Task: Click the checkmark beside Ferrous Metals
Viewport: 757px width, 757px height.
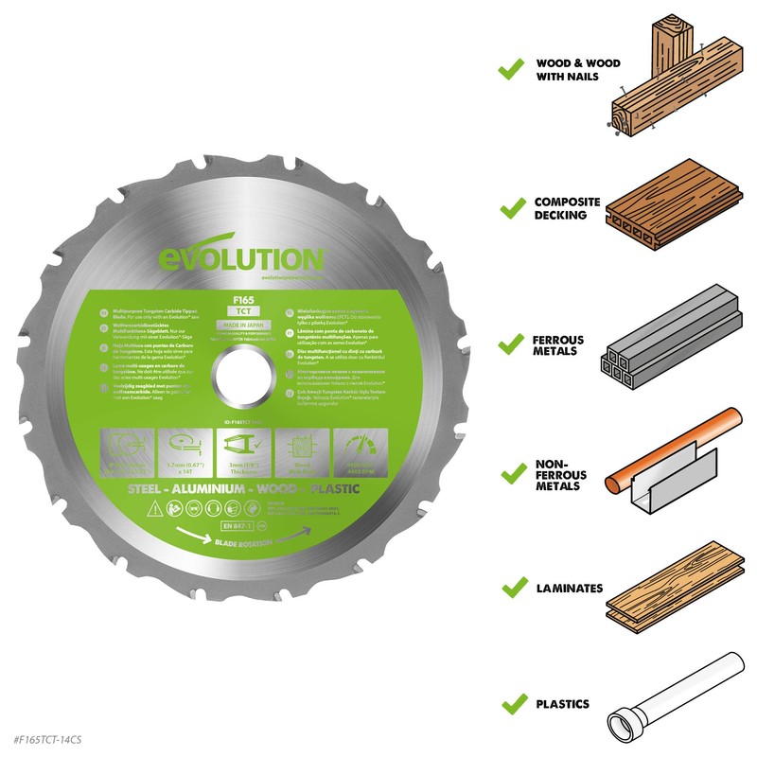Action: pyautogui.click(x=511, y=339)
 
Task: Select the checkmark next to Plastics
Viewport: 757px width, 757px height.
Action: pyautogui.click(x=511, y=703)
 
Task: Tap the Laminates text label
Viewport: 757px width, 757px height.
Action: pyautogui.click(x=568, y=588)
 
